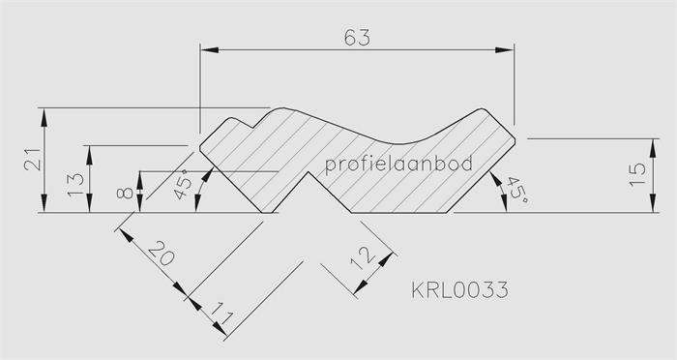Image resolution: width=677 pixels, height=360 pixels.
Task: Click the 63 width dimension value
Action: coord(357,37)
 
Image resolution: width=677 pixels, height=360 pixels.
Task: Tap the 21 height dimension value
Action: coord(33,160)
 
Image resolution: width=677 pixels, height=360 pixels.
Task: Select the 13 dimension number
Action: coord(76,185)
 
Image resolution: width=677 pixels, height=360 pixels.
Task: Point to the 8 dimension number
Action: coord(125,192)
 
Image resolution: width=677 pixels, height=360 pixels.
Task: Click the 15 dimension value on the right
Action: coord(637,174)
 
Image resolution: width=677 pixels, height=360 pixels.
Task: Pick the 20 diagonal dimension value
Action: coord(162,253)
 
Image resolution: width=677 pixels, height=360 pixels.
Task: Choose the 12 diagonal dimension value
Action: coord(363,258)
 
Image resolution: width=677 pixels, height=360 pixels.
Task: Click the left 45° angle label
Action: coord(184,184)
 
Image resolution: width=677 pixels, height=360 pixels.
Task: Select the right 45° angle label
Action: coord(517,191)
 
